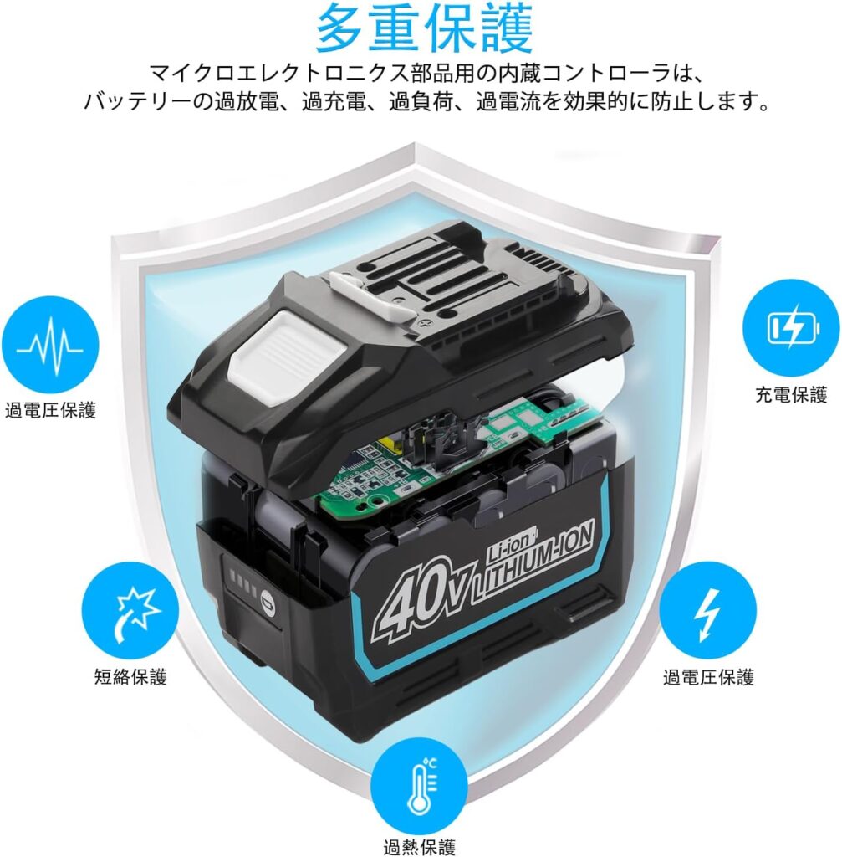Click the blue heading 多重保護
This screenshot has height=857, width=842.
[x=423, y=28]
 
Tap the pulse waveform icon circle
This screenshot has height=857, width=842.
[x=50, y=345]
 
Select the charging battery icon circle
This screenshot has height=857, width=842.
[x=791, y=328]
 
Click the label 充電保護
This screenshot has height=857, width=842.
[x=791, y=395]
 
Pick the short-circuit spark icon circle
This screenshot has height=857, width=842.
[x=130, y=610]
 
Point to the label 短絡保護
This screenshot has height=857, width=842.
[x=130, y=676]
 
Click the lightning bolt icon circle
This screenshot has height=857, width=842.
[x=708, y=610]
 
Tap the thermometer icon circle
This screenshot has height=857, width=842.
[x=419, y=786]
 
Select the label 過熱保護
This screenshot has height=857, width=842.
[x=419, y=847]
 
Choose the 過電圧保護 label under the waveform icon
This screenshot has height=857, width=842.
[x=50, y=410]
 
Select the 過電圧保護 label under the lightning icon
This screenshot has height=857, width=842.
[x=708, y=677]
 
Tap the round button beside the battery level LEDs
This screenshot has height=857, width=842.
[x=268, y=600]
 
